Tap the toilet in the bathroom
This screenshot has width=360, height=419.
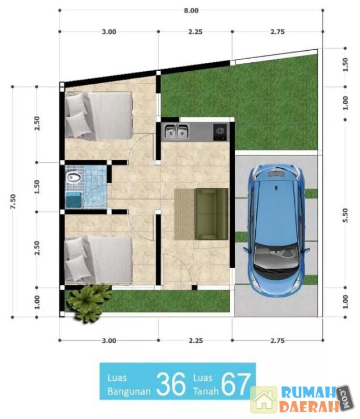pos(74,178)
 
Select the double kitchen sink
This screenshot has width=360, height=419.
pos(176,131)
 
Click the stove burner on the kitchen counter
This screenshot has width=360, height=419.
pos(220,131)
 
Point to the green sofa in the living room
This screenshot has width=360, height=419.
pos(212,214)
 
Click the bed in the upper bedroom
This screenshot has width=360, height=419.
pos(99,115)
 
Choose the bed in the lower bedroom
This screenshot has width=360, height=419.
pos(99,260)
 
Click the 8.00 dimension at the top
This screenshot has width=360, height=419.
pos(191,10)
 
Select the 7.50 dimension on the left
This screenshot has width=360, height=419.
pos(13,202)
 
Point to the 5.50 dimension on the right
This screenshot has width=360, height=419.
pos(345,215)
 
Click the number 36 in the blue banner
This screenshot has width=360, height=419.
pos(171,384)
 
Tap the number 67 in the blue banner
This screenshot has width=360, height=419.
pos(236,384)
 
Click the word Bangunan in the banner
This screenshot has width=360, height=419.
pos(129,391)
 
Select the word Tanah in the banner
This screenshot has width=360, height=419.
pos(206,391)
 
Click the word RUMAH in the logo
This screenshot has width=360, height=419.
pos(309,393)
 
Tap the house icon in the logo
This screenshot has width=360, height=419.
pos(264,400)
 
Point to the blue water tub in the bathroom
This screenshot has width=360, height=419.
pos(73,200)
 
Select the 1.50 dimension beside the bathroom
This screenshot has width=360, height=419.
pos(37,187)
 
